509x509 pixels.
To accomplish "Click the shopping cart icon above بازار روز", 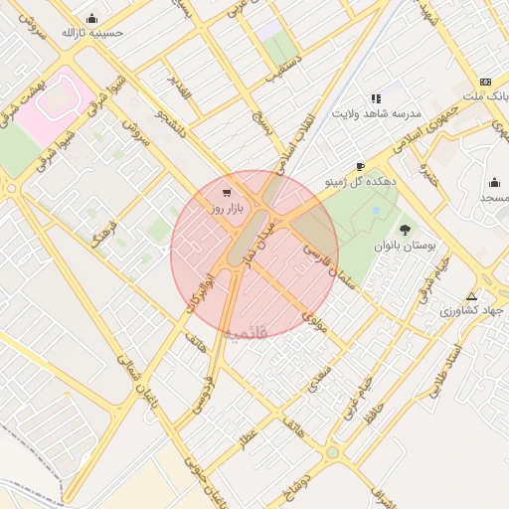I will pos(228,193).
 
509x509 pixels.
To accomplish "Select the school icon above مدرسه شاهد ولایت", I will pos(376,98).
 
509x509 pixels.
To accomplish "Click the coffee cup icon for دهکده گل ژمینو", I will pos(360,166).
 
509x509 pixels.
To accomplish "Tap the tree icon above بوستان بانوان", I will pos(404,230).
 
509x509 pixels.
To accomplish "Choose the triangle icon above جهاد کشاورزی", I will pos(471,296).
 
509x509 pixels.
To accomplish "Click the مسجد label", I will pos(493,199).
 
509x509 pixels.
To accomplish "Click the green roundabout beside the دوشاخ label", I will pos(332,452).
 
